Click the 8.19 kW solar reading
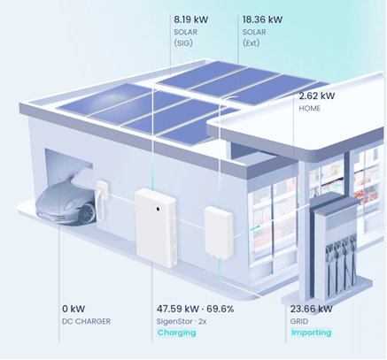(x=190, y=19)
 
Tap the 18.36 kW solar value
(x=262, y=19)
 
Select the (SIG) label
(x=183, y=43)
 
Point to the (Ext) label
(x=251, y=43)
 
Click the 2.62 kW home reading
(x=317, y=96)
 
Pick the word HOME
(x=309, y=109)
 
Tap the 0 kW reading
(x=74, y=309)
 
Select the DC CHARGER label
(x=86, y=321)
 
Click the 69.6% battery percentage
(x=220, y=309)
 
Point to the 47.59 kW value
(x=178, y=309)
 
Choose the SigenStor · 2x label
(x=182, y=321)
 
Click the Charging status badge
(x=176, y=333)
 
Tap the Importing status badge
(x=311, y=333)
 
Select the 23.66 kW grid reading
(x=311, y=309)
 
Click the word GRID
(x=299, y=321)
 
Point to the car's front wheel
(x=87, y=212)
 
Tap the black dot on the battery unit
(x=158, y=209)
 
